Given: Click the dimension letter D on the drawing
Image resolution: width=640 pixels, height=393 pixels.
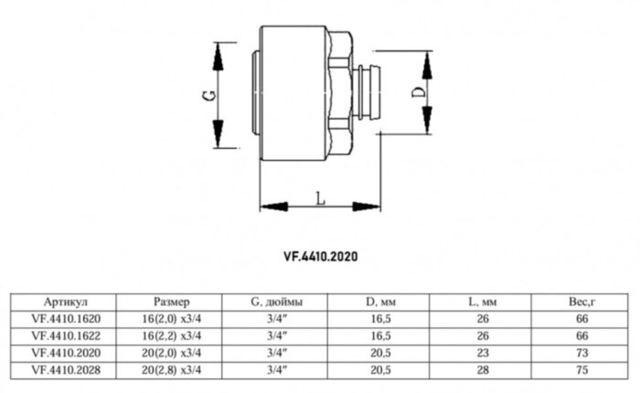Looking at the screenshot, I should [417, 92].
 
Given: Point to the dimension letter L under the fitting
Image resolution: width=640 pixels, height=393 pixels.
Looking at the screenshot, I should [318, 196].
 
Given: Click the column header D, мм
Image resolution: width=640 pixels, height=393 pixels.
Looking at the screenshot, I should [378, 302].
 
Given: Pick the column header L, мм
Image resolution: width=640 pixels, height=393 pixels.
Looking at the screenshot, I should [479, 302].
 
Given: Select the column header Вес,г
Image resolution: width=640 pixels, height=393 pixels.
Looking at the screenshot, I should [581, 302].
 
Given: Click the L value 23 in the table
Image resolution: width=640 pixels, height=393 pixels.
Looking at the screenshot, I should [479, 352].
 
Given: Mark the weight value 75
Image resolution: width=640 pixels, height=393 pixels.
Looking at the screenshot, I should [581, 368].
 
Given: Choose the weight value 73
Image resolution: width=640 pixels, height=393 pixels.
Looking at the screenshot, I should [581, 352].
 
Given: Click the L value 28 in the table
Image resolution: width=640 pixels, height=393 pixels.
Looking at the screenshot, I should [479, 368].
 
